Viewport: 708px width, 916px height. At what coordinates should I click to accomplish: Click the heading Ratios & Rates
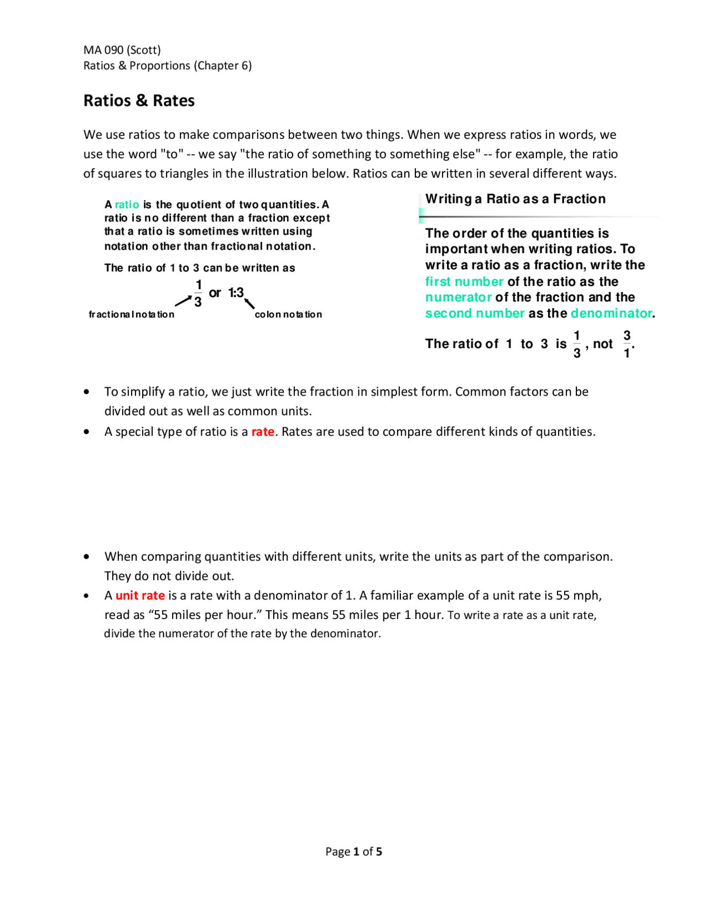(x=139, y=101)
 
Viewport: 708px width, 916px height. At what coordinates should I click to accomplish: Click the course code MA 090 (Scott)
(x=122, y=50)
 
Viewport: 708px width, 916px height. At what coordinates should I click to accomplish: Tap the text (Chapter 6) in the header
(x=222, y=65)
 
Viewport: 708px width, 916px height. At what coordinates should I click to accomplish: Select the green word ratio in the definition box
(x=127, y=205)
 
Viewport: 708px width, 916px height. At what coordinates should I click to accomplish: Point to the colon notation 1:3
(x=236, y=293)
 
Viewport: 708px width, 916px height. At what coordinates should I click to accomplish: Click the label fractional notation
(x=132, y=314)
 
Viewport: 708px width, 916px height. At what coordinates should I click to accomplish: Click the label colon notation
(x=288, y=314)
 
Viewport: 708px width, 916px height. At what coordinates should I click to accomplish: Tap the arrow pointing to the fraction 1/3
(x=183, y=301)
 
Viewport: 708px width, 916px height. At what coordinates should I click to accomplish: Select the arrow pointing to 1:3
(x=250, y=303)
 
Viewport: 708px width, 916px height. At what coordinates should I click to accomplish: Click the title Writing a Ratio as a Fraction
(x=515, y=199)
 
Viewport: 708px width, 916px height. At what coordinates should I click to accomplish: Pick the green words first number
(x=464, y=282)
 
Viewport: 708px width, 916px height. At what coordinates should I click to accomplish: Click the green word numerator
(x=458, y=298)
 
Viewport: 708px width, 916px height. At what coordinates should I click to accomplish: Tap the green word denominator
(x=611, y=313)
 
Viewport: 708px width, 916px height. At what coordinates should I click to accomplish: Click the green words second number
(x=475, y=313)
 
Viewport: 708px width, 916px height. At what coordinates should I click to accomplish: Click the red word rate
(x=263, y=431)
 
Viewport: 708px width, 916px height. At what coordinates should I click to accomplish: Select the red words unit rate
(x=140, y=595)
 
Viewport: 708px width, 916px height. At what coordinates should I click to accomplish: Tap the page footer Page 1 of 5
(x=353, y=851)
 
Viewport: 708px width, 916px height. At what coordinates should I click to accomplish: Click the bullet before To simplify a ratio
(x=86, y=392)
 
